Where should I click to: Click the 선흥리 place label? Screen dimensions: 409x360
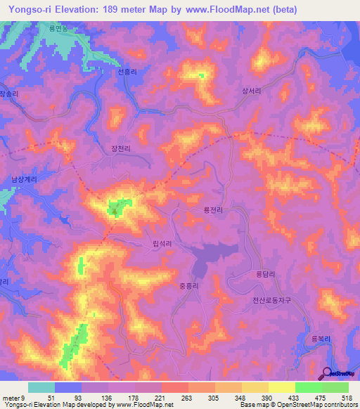point(127,72)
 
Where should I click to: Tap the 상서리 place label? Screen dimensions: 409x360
point(252,91)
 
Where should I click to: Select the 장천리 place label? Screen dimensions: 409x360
point(121,148)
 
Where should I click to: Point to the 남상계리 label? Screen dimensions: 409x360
point(23,179)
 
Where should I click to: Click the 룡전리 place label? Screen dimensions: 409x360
point(213,209)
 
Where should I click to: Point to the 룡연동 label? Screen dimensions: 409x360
point(60,28)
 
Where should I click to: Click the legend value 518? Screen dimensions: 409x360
point(346,397)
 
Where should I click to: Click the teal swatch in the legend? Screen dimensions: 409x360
point(41,387)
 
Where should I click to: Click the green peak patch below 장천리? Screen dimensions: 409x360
point(114,207)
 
